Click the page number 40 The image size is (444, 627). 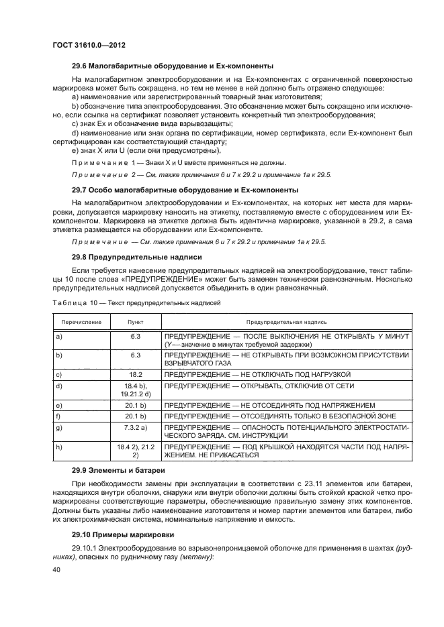pos(56,569)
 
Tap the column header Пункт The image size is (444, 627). pos(136,322)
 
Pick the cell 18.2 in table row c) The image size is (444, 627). pos(136,374)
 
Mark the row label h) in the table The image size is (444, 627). pos(60,446)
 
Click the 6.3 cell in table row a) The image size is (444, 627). pos(136,336)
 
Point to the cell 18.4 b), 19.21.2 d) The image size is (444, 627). pos(136,390)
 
